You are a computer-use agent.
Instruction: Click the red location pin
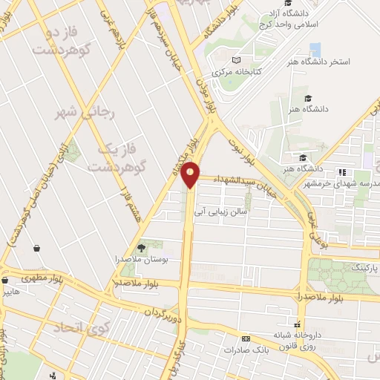pos(191,174)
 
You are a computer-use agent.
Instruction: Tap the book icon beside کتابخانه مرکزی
pos(235,60)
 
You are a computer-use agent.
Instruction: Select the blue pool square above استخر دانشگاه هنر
pos(315,50)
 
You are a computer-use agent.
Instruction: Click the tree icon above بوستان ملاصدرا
pos(142,247)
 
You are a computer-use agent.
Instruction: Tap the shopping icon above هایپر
pos(5,281)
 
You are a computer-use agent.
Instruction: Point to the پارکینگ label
pos(364,266)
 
